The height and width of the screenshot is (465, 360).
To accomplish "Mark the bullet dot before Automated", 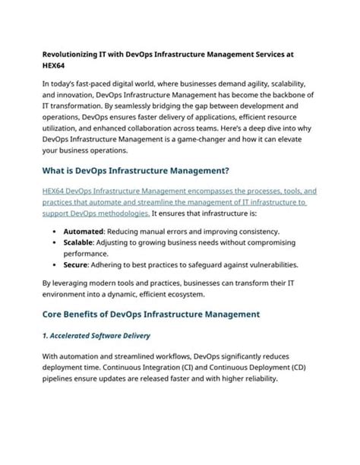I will click(55, 230).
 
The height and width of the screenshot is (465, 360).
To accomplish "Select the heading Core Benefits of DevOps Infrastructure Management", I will click(151, 313).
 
